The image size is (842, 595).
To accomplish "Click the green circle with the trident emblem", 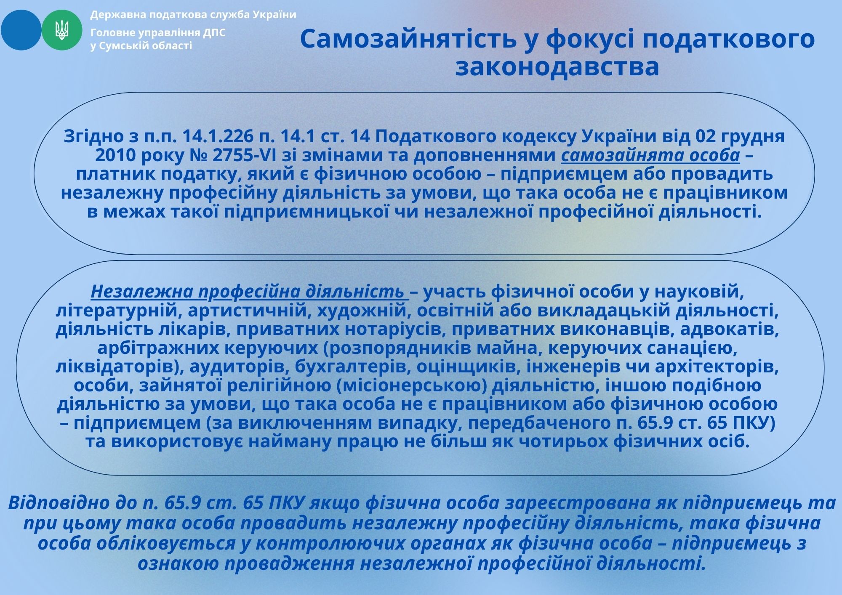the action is click(62, 30).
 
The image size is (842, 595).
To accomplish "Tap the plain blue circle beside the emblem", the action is click(21, 30).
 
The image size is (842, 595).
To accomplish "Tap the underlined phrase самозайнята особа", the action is click(650, 156).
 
